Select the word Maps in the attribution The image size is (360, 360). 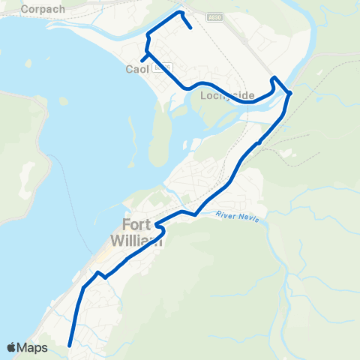click(x=33, y=347)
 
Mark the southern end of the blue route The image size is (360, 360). click(x=69, y=346)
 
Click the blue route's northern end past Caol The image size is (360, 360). click(x=192, y=28)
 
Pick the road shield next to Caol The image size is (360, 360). click(x=157, y=67)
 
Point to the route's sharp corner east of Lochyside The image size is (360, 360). click(x=289, y=92)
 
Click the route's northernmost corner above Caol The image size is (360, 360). click(x=179, y=12)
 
